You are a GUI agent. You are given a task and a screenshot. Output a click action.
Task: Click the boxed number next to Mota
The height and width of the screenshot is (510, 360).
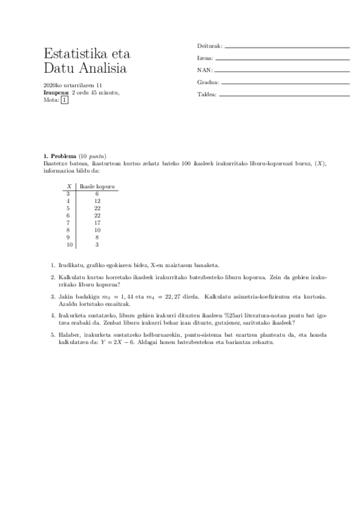pyautogui.click(x=65, y=100)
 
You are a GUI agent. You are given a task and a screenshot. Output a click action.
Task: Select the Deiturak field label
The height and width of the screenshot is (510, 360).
pyautogui.click(x=209, y=46)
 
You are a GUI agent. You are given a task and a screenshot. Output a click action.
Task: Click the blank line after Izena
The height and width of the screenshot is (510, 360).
pyautogui.click(x=282, y=59)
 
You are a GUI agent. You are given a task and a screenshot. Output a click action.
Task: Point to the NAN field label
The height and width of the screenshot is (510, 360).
pyautogui.click(x=205, y=70)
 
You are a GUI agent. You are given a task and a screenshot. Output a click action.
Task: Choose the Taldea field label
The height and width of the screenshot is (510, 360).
pyautogui.click(x=207, y=94)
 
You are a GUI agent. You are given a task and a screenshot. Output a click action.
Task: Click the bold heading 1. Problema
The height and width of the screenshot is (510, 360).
pyautogui.click(x=61, y=156)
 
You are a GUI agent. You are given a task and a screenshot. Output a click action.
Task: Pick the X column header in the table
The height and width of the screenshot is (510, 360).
pyautogui.click(x=69, y=187)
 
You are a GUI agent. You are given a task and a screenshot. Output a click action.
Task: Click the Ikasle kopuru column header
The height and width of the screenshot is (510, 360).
pyautogui.click(x=97, y=187)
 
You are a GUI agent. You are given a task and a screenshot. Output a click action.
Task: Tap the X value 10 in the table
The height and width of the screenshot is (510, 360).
pyautogui.click(x=69, y=245)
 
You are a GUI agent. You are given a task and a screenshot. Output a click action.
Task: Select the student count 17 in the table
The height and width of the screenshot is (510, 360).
pyautogui.click(x=97, y=223)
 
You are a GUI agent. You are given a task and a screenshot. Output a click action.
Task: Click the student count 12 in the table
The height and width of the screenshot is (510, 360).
pyautogui.click(x=97, y=201)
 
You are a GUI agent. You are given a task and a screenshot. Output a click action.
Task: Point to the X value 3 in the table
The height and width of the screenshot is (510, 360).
pyautogui.click(x=69, y=194)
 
